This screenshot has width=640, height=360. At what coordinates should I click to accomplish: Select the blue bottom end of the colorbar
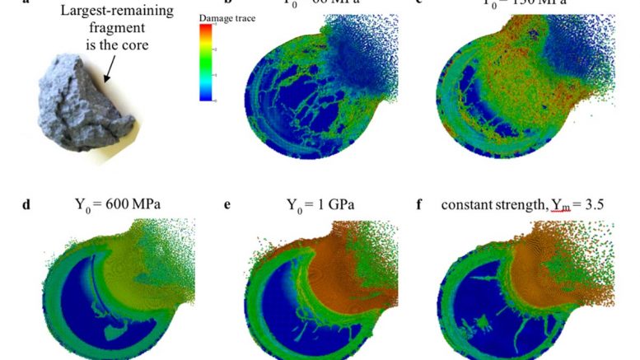pyautogui.click(x=206, y=96)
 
